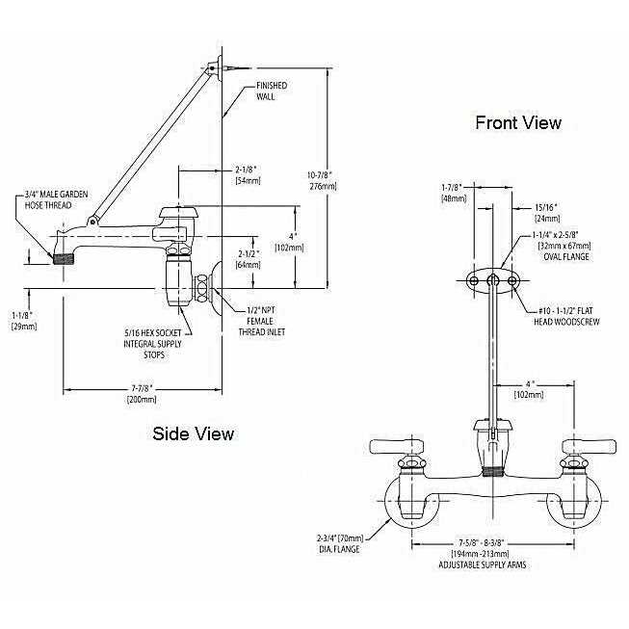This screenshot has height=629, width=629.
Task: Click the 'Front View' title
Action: click(x=517, y=122)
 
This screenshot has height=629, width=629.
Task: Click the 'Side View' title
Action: click(x=194, y=432)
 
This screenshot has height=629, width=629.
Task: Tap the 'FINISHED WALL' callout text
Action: click(x=272, y=91)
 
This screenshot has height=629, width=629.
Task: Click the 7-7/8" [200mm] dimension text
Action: click(x=143, y=391)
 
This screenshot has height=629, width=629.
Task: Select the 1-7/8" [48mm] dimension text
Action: click(x=453, y=193)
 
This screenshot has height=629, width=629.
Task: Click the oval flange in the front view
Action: click(x=492, y=279)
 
